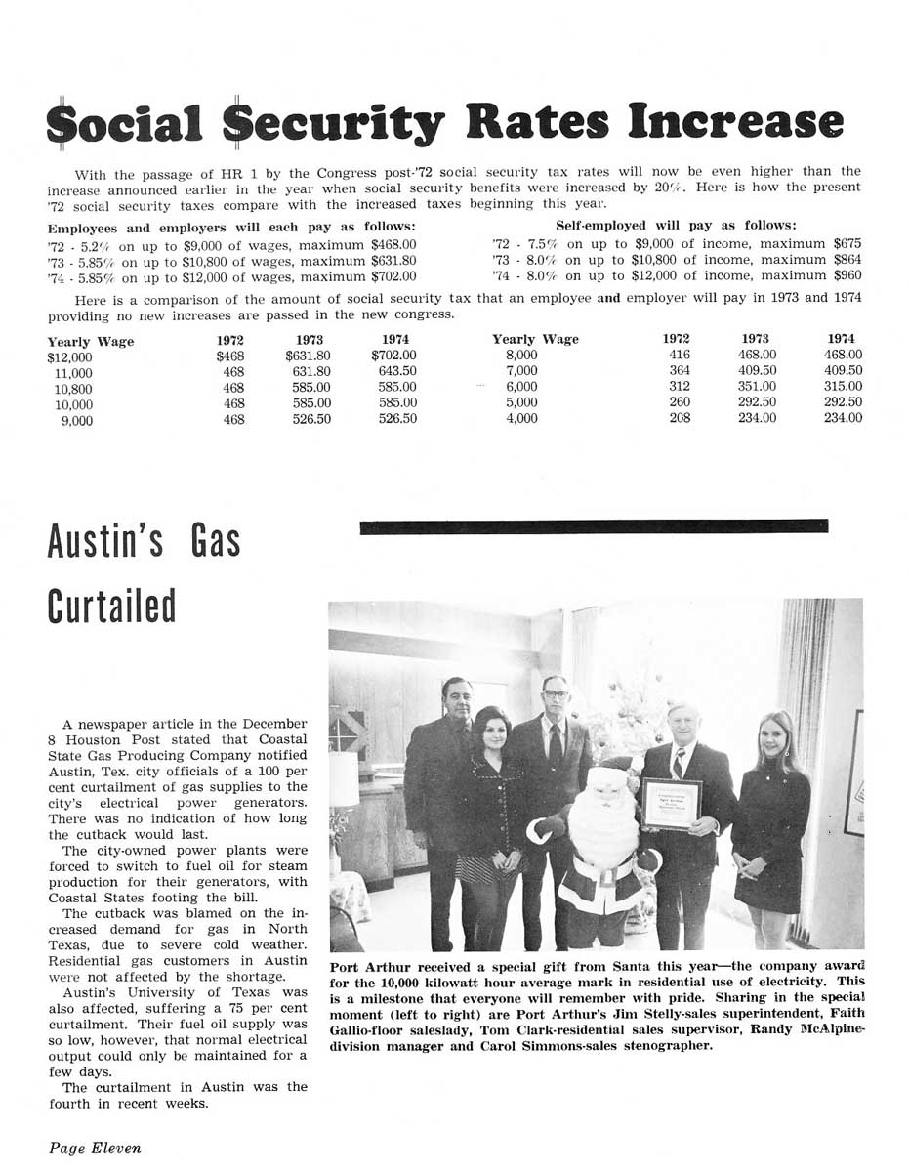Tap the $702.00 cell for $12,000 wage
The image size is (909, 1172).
click(x=393, y=356)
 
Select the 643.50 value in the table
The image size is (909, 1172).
click(x=397, y=372)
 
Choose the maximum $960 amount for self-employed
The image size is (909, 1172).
click(x=847, y=276)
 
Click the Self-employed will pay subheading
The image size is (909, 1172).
click(x=676, y=226)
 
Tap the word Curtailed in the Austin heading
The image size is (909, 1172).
click(x=111, y=607)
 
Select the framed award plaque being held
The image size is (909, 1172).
click(x=671, y=803)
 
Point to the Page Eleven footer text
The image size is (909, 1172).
click(x=95, y=1149)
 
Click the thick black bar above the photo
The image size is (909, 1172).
click(x=594, y=527)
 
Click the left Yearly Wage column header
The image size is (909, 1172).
click(x=91, y=341)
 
